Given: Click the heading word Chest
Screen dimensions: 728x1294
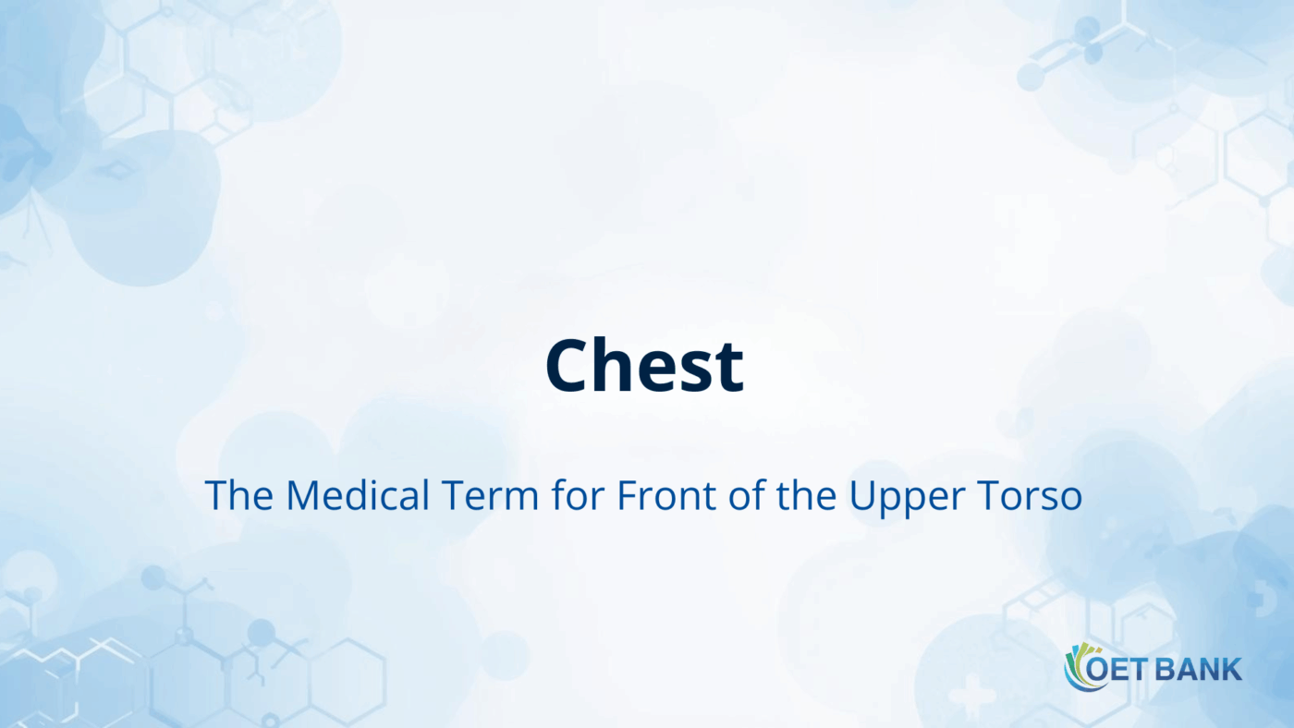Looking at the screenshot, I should [x=644, y=366].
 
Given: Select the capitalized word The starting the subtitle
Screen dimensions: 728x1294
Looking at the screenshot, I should [x=238, y=496].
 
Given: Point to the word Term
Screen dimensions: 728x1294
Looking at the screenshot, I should [x=490, y=496].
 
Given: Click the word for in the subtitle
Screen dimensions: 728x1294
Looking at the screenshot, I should [x=578, y=496].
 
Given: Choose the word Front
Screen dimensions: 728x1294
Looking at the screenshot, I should [x=659, y=496].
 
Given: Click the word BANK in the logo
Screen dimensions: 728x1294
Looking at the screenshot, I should [x=1198, y=669].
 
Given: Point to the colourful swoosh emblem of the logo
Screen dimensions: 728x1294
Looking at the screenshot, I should [x=1078, y=667].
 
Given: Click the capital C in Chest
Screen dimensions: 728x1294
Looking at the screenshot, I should [x=569, y=366].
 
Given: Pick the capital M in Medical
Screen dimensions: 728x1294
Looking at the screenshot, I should [x=304, y=496].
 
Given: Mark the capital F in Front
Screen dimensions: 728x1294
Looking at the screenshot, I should [x=626, y=496].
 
